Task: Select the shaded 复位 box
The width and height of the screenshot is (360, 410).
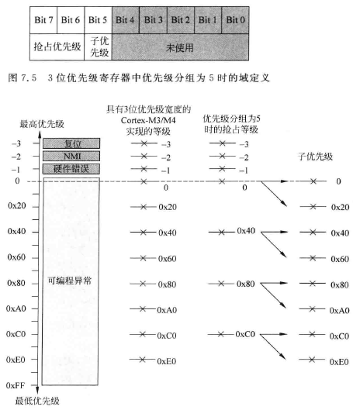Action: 71,144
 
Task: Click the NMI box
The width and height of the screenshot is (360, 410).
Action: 71,156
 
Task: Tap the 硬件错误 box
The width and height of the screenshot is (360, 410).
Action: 71,168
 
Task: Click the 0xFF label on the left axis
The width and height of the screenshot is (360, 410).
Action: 17,384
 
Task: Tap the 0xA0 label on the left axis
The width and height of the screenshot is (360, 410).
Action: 17,309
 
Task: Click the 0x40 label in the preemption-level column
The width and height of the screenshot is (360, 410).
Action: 246,231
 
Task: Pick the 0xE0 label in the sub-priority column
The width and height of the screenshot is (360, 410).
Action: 338,361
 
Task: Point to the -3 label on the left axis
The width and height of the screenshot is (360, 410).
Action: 15,144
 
